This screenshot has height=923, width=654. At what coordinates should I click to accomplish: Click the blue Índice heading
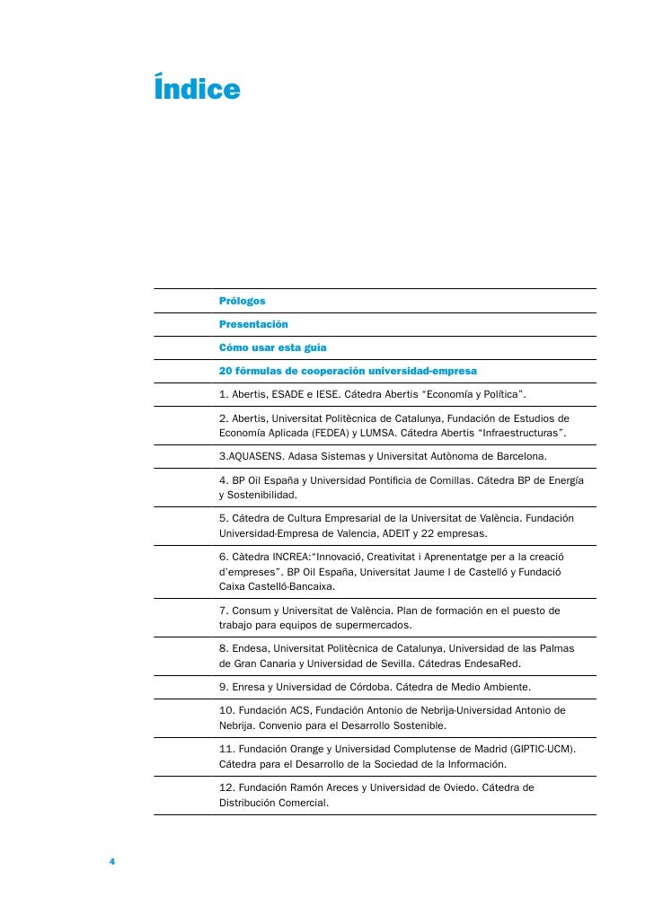(197, 90)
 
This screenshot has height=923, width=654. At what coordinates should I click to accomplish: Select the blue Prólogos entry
(243, 301)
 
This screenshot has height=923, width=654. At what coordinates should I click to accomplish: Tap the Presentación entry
(253, 324)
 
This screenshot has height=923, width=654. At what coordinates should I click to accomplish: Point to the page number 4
(112, 862)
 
